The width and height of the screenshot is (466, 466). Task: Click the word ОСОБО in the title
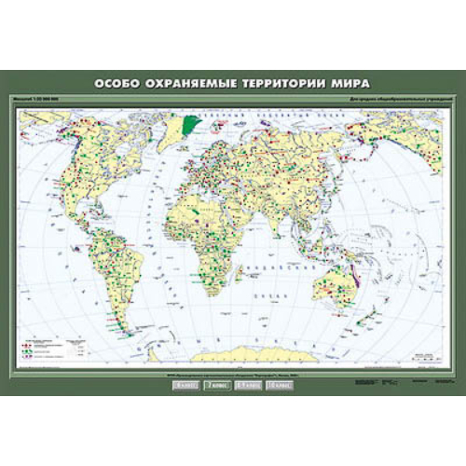tap(121, 83)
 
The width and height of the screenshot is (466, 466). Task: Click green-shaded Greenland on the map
tap(192, 123)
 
